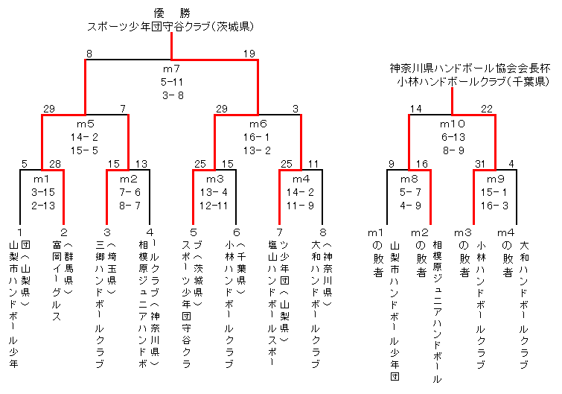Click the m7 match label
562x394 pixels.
172,69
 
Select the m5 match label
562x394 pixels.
86,124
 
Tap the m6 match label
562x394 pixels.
258,124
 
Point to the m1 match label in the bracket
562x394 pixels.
42,179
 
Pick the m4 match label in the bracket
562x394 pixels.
301,179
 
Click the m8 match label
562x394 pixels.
409,179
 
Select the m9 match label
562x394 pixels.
495,179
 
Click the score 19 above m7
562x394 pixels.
249,53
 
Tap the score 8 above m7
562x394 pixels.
89,53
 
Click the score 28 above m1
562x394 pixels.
54,163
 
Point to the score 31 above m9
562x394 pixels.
480,163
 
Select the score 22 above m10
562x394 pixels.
487,109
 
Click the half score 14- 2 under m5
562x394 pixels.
86,137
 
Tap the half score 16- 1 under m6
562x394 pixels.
258,137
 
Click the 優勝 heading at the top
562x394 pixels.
172,13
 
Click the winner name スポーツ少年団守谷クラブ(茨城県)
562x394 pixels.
172,26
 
